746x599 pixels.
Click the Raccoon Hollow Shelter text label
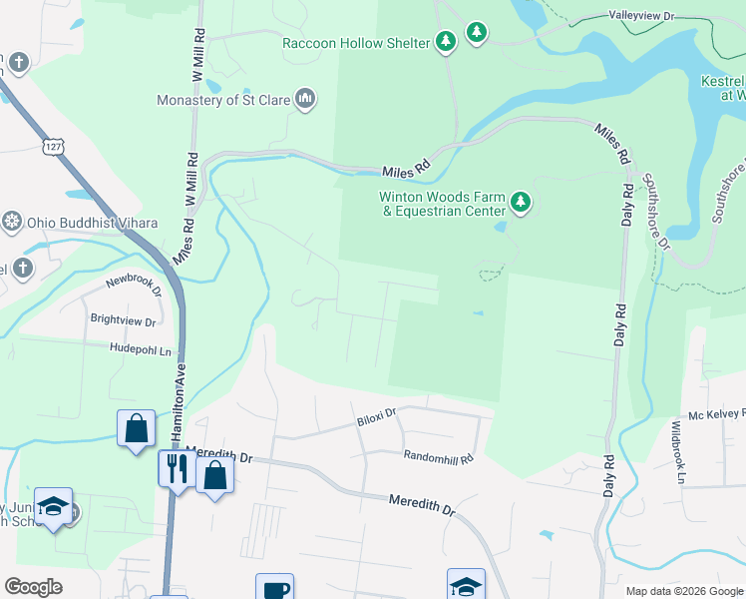click(x=356, y=43)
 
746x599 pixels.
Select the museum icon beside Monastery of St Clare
click(x=306, y=99)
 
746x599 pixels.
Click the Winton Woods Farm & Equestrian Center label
click(x=441, y=204)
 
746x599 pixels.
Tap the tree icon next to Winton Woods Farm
click(x=520, y=204)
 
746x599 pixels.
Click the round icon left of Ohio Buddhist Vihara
click(x=13, y=221)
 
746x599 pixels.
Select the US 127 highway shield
click(x=53, y=147)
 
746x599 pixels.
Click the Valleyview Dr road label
click(x=642, y=17)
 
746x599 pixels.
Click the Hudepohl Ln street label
click(x=141, y=350)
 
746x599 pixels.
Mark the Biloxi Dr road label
click(x=377, y=411)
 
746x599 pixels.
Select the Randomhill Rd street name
click(x=439, y=455)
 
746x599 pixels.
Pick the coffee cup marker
click(x=273, y=588)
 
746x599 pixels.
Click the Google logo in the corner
click(x=33, y=587)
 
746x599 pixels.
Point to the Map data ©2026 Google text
click(x=683, y=591)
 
